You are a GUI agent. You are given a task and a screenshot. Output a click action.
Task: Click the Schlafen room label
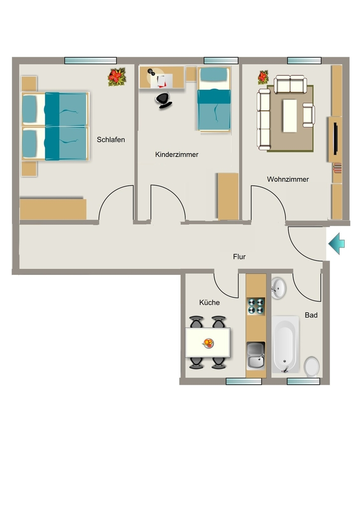coord(111,140)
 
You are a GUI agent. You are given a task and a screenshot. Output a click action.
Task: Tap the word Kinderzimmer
coord(177,155)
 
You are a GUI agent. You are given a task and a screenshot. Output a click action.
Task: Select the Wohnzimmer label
coord(287,179)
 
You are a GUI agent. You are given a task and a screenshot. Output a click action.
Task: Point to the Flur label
coord(239,257)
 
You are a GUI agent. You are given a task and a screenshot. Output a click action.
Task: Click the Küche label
coord(209,303)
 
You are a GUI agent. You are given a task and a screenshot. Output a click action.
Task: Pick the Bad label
coord(311,315)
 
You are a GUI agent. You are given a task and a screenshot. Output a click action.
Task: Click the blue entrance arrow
coord(337,244)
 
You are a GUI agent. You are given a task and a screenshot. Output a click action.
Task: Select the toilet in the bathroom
coord(312,367)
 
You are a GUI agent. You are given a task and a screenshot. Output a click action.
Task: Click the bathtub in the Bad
coord(285,344)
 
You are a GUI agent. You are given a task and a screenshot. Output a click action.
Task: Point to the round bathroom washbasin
coord(278,288)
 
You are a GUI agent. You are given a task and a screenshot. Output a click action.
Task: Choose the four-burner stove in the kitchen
coord(256,306)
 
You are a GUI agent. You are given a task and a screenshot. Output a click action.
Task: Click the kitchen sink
coord(256,356)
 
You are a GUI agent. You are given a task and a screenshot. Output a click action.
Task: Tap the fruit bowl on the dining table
coord(208,343)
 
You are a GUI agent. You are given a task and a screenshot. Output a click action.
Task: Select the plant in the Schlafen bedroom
coord(116,77)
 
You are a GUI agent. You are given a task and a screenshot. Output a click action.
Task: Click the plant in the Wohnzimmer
coord(263,78)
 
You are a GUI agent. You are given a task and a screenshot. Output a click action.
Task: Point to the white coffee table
coord(290,115)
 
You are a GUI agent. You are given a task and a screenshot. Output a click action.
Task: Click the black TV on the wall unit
coord(336,139)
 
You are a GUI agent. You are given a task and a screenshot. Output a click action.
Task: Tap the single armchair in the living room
coord(308,115)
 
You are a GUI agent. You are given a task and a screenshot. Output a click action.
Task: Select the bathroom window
coord(303,381)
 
